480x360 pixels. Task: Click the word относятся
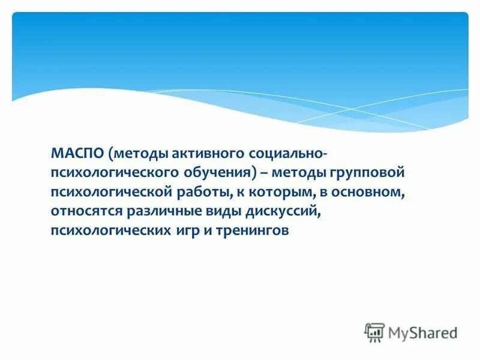85,211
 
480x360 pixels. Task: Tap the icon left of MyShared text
374,332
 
